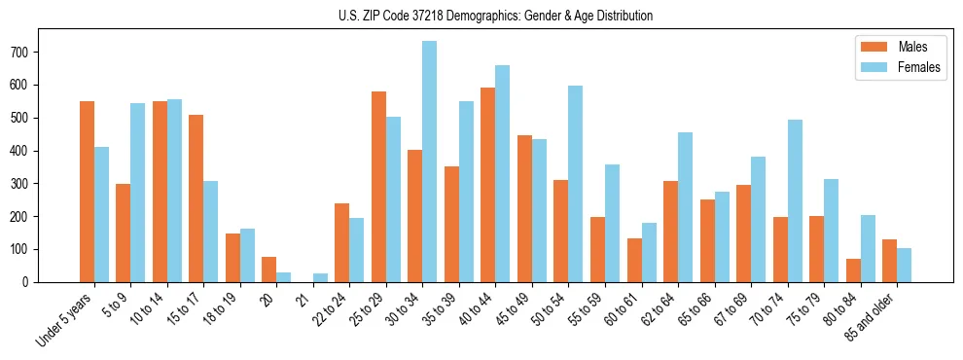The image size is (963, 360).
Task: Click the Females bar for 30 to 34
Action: coord(429,162)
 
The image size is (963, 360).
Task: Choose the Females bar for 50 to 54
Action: coord(575,184)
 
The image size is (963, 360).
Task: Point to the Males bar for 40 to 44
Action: coord(487,185)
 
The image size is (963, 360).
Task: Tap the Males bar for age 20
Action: coord(268,270)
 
